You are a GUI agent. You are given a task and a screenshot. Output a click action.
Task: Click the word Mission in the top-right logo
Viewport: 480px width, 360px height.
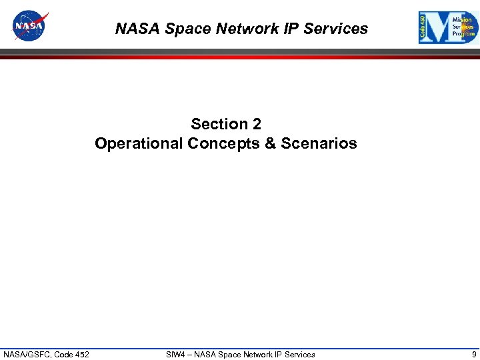pyautogui.click(x=462, y=20)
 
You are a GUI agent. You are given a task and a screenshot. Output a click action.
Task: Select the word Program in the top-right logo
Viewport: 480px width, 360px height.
pyautogui.click(x=463, y=33)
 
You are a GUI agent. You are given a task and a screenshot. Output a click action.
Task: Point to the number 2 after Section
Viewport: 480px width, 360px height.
pyautogui.click(x=257, y=124)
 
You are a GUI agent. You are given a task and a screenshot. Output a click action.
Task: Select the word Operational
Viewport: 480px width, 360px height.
pyautogui.click(x=139, y=143)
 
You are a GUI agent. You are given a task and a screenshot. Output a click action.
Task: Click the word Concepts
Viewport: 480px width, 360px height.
pyautogui.click(x=224, y=143)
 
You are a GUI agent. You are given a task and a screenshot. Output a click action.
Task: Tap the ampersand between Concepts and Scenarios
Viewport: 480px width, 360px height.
pyautogui.click(x=271, y=143)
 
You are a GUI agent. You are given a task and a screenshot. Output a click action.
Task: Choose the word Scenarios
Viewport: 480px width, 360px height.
pyautogui.click(x=319, y=143)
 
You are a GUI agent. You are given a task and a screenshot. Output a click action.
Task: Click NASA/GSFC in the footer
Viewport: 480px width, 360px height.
pyautogui.click(x=26, y=354)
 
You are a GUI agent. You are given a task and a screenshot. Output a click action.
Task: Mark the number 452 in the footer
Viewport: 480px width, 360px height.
pyautogui.click(x=81, y=354)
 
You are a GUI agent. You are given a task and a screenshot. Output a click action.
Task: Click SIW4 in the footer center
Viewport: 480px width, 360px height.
pyautogui.click(x=176, y=354)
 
